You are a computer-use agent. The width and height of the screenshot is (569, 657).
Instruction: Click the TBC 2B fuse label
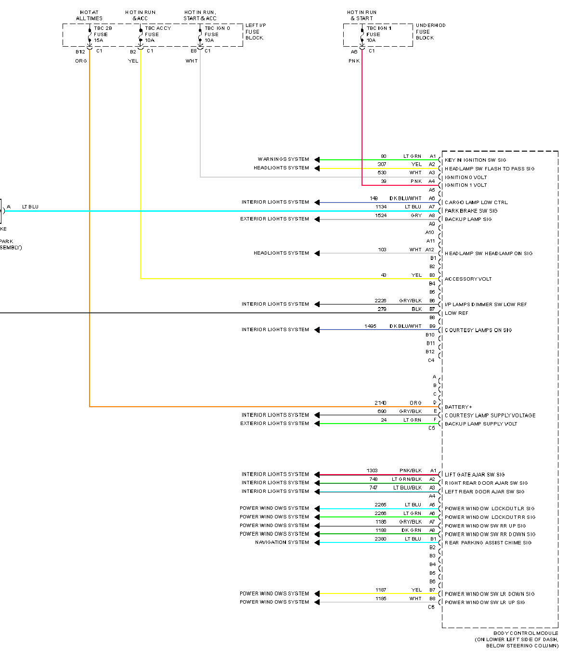103,34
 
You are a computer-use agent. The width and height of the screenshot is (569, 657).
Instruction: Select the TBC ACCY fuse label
158,34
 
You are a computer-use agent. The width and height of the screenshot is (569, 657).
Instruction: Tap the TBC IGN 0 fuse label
217,34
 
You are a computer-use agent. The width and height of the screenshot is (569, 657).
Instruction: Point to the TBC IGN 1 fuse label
378,34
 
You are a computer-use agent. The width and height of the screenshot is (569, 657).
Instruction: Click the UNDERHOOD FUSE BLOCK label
430,31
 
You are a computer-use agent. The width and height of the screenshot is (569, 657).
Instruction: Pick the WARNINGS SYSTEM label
283,159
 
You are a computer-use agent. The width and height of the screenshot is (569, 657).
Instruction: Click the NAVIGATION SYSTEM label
282,542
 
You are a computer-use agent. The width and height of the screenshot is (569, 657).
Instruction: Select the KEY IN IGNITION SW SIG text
475,160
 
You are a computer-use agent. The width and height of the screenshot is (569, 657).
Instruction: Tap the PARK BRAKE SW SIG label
471,211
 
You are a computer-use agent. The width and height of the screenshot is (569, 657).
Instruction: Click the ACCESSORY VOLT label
468,279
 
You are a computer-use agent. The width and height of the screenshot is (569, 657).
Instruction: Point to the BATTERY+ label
458,407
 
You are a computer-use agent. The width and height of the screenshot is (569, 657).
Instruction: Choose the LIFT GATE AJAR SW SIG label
475,475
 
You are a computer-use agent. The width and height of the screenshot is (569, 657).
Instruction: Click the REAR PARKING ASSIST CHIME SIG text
488,543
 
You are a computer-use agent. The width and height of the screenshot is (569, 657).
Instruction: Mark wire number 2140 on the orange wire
380,403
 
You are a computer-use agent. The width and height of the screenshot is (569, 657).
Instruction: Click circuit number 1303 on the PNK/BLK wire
372,471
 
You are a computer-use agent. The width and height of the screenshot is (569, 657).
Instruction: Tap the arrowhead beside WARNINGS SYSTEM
317,160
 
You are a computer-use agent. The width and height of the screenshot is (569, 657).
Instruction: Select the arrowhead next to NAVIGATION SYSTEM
317,542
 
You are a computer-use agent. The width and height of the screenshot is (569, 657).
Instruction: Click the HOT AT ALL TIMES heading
89,15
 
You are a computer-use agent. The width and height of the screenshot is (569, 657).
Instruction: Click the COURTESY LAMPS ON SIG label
478,330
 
